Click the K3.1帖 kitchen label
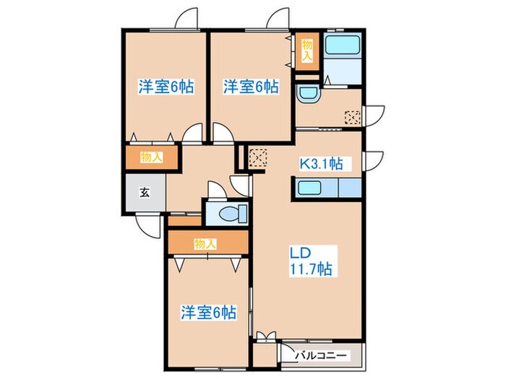[321, 163]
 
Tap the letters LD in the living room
[301, 254]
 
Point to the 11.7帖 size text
[312, 269]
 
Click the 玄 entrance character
[145, 193]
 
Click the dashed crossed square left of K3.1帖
[257, 157]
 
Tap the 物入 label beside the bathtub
[306, 49]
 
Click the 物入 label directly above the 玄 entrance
[150, 157]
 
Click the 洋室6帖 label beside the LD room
[208, 312]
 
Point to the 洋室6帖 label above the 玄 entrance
[166, 87]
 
